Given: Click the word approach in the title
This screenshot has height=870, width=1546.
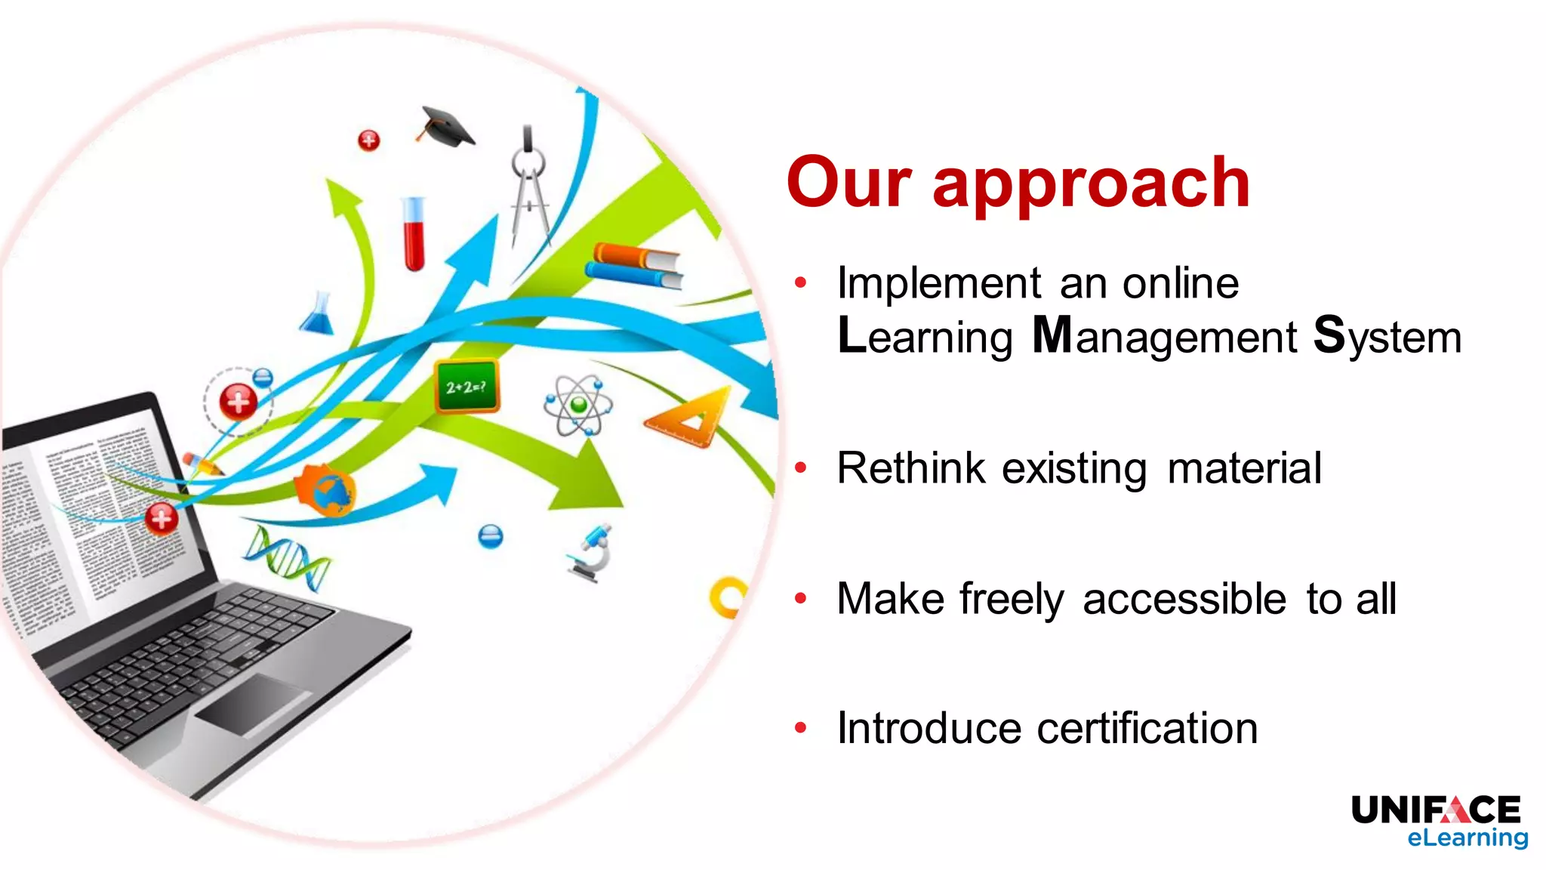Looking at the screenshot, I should pyautogui.click(x=1092, y=184).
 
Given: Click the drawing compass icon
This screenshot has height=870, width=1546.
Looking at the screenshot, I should pyautogui.click(x=530, y=185).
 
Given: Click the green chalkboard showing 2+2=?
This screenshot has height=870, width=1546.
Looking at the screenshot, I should pyautogui.click(x=467, y=387).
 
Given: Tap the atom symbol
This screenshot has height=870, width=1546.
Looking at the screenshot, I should pyautogui.click(x=578, y=406).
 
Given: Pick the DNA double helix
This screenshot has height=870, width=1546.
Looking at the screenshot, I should pyautogui.click(x=287, y=557).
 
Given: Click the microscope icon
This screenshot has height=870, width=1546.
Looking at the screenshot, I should pyautogui.click(x=593, y=554).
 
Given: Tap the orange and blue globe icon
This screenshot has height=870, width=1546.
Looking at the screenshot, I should pyautogui.click(x=325, y=490).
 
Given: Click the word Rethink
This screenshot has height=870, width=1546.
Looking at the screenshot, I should pyautogui.click(x=910, y=468).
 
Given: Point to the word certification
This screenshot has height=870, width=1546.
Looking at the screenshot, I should pyautogui.click(x=1147, y=729).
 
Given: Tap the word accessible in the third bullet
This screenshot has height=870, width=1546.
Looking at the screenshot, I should pyautogui.click(x=1184, y=599).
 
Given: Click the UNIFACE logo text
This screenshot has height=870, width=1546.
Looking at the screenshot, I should pyautogui.click(x=1435, y=810).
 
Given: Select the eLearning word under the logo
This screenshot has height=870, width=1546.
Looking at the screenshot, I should pyautogui.click(x=1467, y=838).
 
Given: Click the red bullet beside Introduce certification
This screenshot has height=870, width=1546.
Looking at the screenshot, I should pyautogui.click(x=801, y=728).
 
